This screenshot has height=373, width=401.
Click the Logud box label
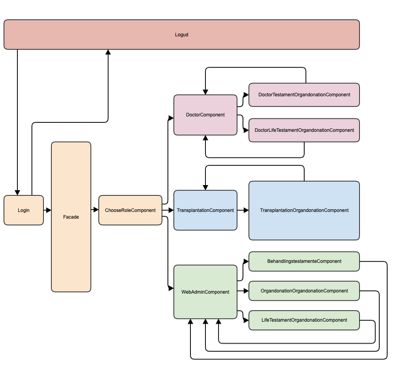tap(181, 35)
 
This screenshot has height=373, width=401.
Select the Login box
tap(24, 210)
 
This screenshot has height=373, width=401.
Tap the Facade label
tap(71, 217)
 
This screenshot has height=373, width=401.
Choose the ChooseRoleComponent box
tap(130, 210)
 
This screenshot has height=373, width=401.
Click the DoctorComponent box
tap(205, 115)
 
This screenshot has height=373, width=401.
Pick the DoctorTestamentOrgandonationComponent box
tap(304, 95)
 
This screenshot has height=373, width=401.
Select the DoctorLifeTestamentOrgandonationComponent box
tap(304, 130)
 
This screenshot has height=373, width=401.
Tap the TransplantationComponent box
tap(205, 210)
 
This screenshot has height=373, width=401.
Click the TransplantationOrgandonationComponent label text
tap(304, 210)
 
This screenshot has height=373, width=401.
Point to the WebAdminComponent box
tap(205, 292)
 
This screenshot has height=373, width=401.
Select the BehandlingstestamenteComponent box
tap(304, 261)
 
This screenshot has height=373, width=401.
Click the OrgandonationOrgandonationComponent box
tap(304, 291)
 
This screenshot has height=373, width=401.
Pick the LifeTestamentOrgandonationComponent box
tap(304, 320)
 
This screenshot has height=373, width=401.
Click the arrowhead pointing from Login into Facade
tap(49, 210)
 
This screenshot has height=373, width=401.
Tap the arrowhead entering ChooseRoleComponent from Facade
tap(96, 210)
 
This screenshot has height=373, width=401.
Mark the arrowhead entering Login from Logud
tap(17, 192)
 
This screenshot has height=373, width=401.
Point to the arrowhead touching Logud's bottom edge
tap(108, 52)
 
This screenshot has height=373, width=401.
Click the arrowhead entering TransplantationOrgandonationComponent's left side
tap(246, 210)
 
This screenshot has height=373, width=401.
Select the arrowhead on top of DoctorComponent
tap(205, 92)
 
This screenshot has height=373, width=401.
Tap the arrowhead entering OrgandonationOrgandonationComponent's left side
tap(246, 291)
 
